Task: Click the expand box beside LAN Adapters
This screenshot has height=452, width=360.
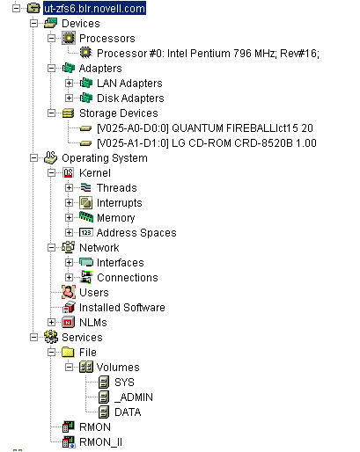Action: [70, 83]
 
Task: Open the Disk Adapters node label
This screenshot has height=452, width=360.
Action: [129, 98]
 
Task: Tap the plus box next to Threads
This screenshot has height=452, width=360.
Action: [70, 187]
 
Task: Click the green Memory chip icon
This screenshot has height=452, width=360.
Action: [85, 217]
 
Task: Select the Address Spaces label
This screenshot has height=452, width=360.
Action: [136, 232]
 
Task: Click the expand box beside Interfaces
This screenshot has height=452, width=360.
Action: [70, 262]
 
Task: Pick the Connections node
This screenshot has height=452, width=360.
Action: [127, 277]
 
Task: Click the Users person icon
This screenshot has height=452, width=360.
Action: [68, 292]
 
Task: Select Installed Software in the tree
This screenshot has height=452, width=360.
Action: [121, 307]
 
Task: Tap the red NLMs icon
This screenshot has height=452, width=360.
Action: [68, 322]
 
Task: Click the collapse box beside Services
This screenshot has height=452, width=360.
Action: [34, 337]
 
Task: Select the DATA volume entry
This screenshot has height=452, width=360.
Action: [127, 412]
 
